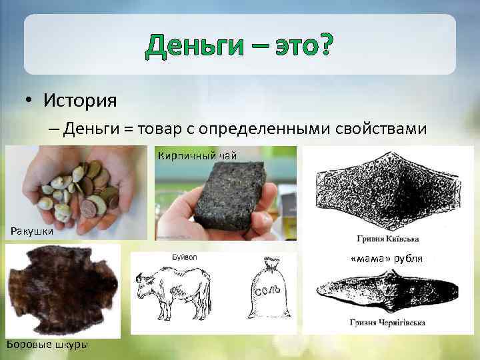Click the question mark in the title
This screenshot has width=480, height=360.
[323, 46]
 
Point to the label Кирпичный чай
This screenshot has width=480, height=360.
[197, 156]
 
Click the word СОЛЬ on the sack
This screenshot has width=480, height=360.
[270, 294]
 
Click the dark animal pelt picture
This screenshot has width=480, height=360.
[61, 289]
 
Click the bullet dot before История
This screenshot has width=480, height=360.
[31, 102]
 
